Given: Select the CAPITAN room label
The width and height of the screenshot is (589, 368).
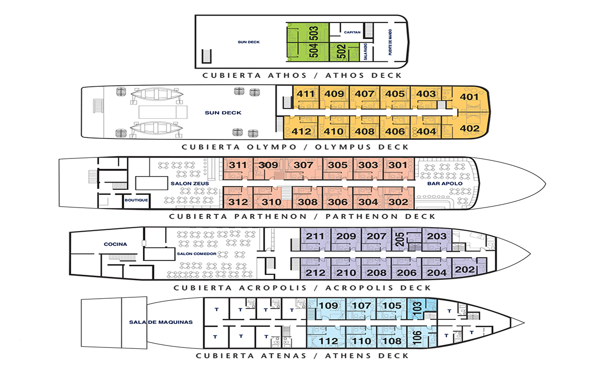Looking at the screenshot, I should (x=352, y=32).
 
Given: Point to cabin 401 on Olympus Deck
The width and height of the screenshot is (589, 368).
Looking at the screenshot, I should (x=469, y=97).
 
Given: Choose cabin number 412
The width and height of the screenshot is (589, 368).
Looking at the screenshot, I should (x=301, y=131).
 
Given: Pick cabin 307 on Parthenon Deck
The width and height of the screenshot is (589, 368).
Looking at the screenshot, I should (x=303, y=165).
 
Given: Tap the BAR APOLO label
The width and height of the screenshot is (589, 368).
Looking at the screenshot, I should (x=445, y=184).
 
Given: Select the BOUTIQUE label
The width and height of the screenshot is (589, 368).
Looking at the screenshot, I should (x=136, y=200).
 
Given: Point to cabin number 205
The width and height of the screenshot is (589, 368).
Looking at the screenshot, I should (x=400, y=239).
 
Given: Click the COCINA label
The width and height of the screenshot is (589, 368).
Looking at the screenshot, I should (x=115, y=244).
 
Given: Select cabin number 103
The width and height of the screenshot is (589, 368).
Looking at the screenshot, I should (x=417, y=308).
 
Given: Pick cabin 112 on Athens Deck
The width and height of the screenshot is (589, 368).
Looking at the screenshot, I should (x=328, y=341).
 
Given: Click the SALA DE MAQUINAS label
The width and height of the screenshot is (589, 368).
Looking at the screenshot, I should (x=161, y=322).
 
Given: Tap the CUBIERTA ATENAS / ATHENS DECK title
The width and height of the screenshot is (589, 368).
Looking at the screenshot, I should (x=302, y=356).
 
